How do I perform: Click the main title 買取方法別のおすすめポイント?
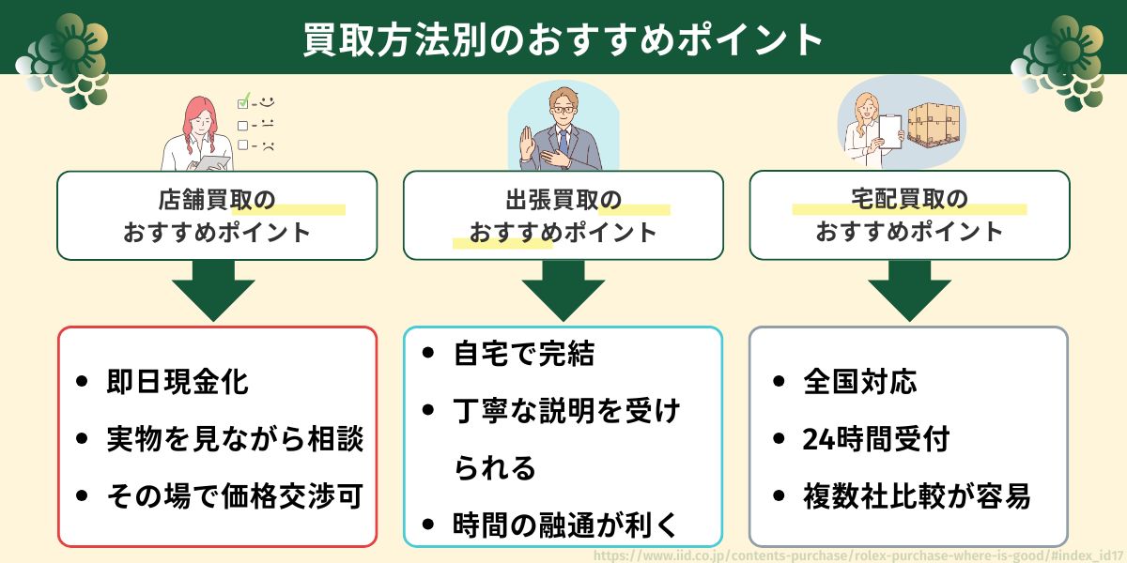[x=563, y=39]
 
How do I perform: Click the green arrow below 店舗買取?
[x=213, y=291]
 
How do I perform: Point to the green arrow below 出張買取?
[x=563, y=291]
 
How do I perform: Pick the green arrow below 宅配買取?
[x=909, y=291]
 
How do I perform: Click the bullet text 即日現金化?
[x=178, y=382]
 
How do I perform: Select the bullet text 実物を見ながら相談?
[x=235, y=439]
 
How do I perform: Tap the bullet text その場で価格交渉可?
[x=235, y=496]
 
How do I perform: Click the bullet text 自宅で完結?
[x=524, y=354]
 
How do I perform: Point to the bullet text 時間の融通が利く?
[x=566, y=525]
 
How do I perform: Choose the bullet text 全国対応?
[x=860, y=382]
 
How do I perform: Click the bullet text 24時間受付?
[x=876, y=439]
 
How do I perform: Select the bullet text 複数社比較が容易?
[x=917, y=496]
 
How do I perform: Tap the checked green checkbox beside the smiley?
[x=243, y=101]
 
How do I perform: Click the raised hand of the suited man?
[x=528, y=141]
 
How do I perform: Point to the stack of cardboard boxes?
[x=934, y=129]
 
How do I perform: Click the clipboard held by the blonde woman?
[x=890, y=131]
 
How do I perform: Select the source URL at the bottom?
[x=859, y=555]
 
